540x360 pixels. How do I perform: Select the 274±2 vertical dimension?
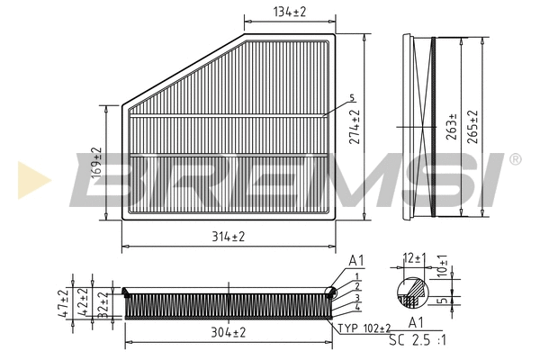pos(355,128)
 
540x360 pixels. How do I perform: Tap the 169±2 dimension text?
pos(97,161)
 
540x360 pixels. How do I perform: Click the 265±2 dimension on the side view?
pos(472,128)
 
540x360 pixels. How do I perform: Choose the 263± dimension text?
pos(451,130)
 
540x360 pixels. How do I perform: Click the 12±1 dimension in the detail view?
pos(414,258)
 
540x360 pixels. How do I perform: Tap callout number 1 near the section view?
pos(356,275)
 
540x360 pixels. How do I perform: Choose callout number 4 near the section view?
pos(356,309)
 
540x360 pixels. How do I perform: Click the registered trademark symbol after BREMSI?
pos(514,159)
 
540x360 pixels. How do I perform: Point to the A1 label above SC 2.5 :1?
pos(416,322)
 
